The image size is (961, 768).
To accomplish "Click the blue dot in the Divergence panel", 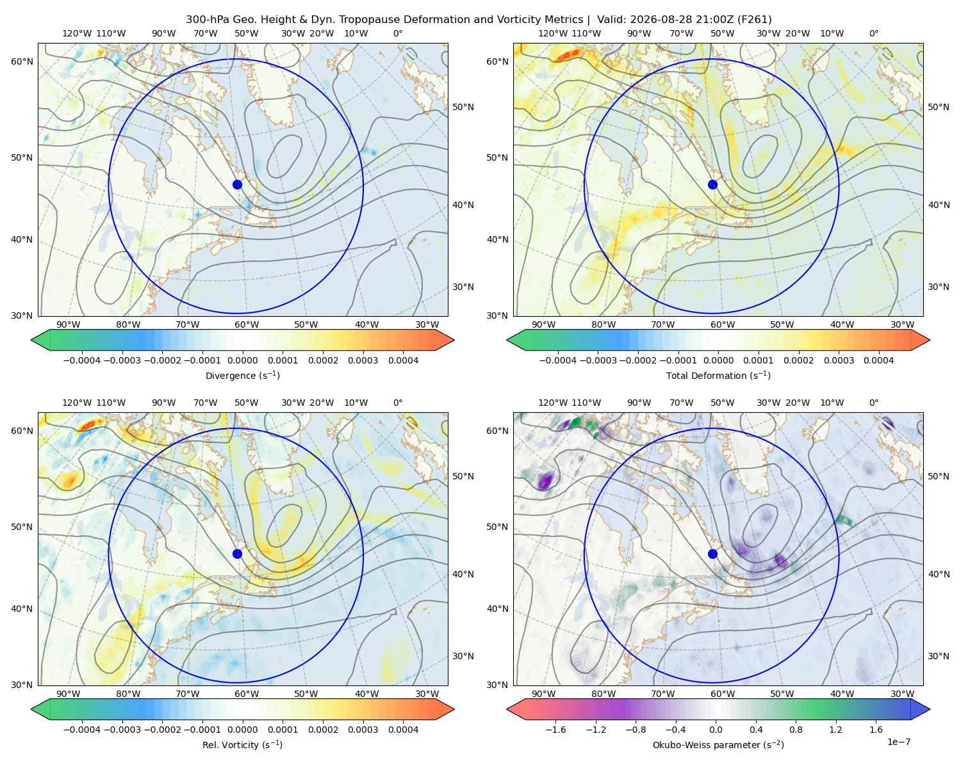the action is [237, 185].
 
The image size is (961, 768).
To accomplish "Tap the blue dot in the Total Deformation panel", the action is [712, 185].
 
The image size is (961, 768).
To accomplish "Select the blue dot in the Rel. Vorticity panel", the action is [237, 554].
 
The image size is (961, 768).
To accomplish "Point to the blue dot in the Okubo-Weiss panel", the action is [712, 554].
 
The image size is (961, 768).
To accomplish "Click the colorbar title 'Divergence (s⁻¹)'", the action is [242, 376].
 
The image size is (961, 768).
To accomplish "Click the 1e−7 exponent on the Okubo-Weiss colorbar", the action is [898, 742].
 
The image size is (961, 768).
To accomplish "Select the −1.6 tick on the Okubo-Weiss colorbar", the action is [556, 730].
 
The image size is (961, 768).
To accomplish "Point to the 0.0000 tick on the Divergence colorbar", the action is [242, 360].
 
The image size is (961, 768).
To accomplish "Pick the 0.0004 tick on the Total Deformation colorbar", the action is [878, 360].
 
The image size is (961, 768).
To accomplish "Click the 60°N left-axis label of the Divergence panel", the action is [22, 61].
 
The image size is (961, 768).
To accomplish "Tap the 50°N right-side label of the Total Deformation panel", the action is [939, 107].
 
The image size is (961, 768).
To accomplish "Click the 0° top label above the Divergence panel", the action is [398, 33].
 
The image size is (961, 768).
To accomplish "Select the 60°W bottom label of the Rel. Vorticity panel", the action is [247, 694].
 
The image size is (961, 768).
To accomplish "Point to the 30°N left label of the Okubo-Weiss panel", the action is [497, 685].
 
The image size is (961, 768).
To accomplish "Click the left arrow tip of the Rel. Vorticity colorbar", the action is [31, 710].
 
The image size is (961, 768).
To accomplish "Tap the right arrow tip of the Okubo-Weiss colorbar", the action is [930, 710].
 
